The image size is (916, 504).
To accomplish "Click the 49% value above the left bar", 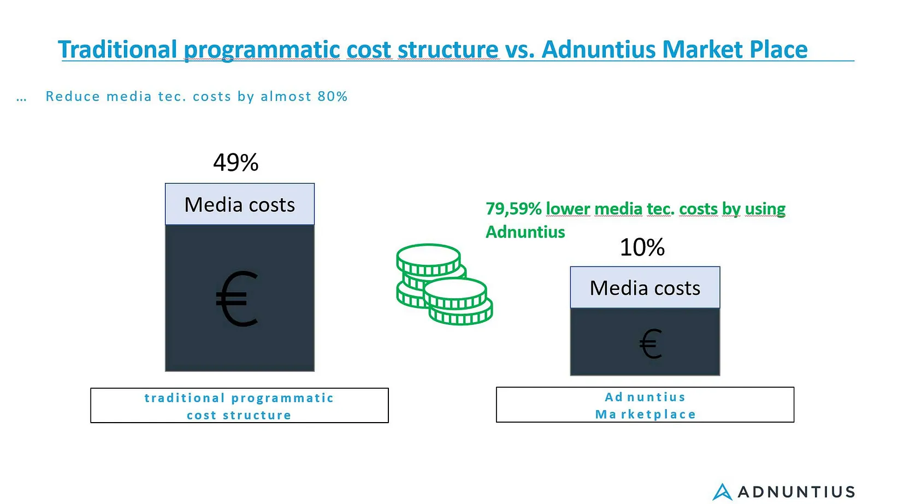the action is (235, 162).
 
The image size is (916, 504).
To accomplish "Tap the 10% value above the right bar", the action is (642, 247).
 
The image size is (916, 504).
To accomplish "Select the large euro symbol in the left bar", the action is (237, 299).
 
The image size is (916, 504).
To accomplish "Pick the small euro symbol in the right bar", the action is (650, 344).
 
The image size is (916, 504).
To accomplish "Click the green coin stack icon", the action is (444, 284).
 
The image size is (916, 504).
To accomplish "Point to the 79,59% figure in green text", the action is (513, 209).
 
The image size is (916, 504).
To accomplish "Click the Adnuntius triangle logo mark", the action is (722, 491).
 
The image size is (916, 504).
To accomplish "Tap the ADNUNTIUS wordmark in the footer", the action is (796, 492).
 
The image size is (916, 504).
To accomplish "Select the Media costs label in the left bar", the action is (240, 204).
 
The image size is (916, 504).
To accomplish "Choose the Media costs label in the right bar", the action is (645, 288).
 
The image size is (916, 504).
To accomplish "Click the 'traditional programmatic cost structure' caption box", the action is (240, 406).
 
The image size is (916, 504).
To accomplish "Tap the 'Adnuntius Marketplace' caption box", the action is (645, 405).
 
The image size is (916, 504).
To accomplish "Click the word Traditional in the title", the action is (117, 50).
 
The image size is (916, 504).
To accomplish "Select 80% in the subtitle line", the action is (333, 97).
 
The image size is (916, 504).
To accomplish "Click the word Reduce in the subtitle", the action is (73, 97).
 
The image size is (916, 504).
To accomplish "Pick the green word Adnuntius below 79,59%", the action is (525, 232).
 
